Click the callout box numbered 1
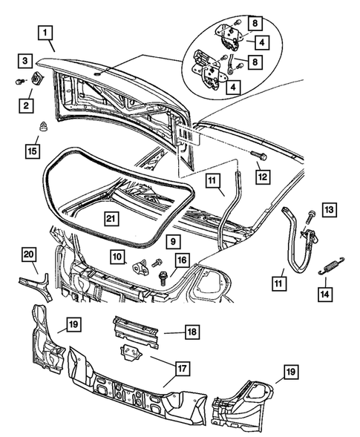(46, 33)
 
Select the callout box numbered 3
(25, 60)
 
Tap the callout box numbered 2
(25, 106)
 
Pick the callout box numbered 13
(329, 211)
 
